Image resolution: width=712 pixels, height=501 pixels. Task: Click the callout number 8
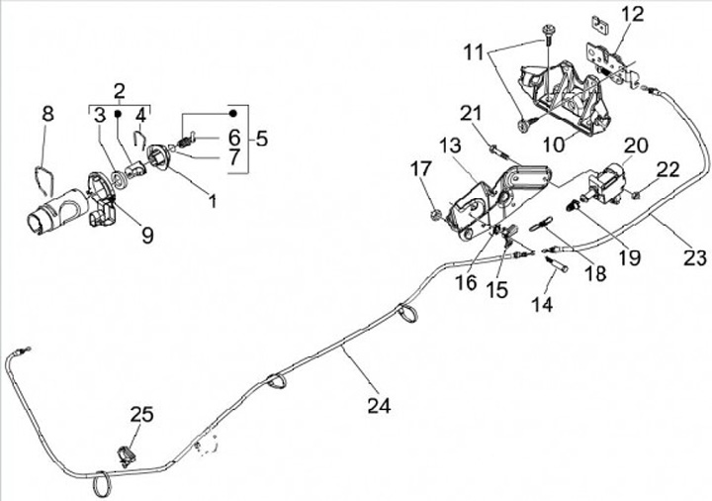pyautogui.click(x=46, y=114)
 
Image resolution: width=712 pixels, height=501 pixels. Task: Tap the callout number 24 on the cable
pyautogui.click(x=379, y=405)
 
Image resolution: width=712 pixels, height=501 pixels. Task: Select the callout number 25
pyautogui.click(x=142, y=416)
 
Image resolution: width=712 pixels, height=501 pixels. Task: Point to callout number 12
pyautogui.click(x=631, y=13)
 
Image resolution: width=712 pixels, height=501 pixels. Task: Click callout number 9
pyautogui.click(x=146, y=235)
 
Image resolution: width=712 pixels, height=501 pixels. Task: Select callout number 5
pyautogui.click(x=261, y=138)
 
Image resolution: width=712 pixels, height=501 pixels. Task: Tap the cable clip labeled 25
pyautogui.click(x=127, y=453)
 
